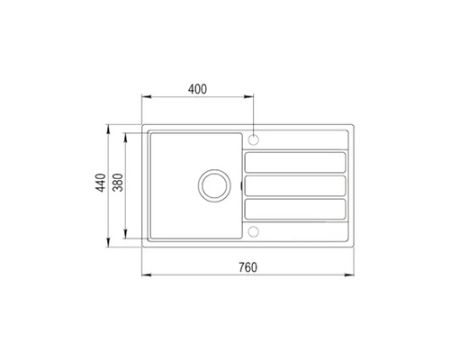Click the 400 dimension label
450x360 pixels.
198,88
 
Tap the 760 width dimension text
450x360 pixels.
248,266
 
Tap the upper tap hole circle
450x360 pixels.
255,140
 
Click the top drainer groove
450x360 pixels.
295,162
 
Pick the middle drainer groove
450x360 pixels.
295,186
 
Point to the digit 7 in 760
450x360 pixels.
241,266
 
